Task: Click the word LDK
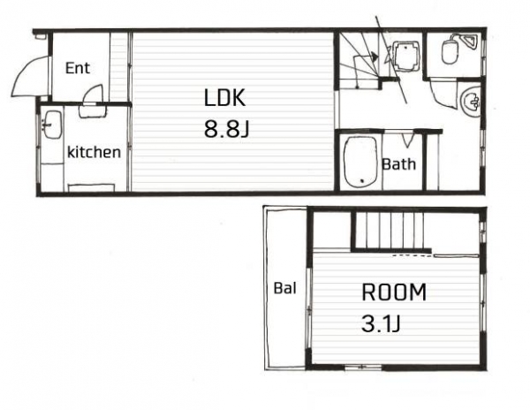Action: tap(224, 97)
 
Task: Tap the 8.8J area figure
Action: tap(226, 129)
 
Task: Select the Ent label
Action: tap(78, 68)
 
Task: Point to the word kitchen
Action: tap(94, 152)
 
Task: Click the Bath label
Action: tap(399, 164)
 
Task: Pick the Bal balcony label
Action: tap(284, 288)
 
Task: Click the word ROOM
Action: tap(394, 292)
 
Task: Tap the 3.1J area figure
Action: tap(381, 323)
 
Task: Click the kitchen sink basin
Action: tap(52, 125)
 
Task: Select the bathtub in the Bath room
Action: tap(360, 162)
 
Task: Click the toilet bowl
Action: tap(450, 50)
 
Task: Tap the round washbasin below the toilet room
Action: tap(471, 101)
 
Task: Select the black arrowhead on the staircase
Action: tap(374, 56)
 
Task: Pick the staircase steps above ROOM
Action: tap(390, 231)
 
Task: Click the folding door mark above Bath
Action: tap(407, 140)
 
